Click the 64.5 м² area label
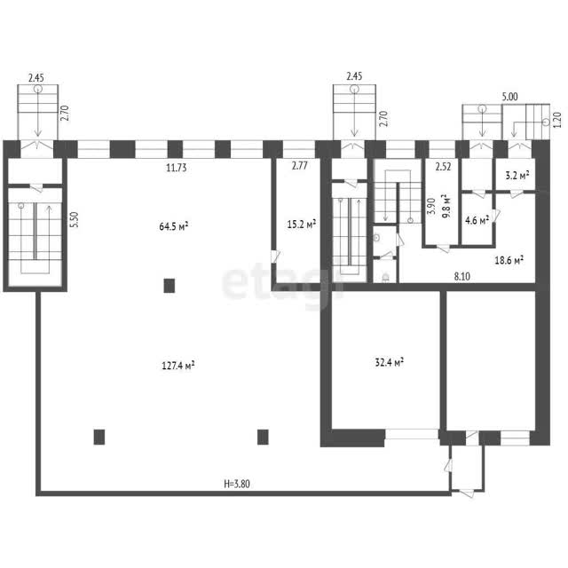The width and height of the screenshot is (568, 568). coord(174,226)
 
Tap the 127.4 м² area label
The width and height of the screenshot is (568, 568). coord(177,365)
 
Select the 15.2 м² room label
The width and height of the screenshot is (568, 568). coord(302,225)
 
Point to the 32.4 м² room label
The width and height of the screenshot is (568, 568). coord(390,362)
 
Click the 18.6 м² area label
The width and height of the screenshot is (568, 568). coord(509,260)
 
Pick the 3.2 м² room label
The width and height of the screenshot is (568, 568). coord(517,176)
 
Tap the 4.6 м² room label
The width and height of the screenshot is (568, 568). coord(477,220)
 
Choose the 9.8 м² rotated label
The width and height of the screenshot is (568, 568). coord(446,206)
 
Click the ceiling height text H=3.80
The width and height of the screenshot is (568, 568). coord(237,484)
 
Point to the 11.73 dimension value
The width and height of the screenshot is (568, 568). coord(177,168)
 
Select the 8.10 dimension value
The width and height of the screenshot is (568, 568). coord(462,276)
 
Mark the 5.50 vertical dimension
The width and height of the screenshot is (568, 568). coord(74,220)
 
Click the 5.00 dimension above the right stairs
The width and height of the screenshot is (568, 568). coord(509,97)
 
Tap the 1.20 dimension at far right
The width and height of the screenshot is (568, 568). coord(558,120)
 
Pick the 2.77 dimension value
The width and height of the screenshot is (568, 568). coord(300,166)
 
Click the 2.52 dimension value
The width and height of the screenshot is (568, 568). coord(444,167)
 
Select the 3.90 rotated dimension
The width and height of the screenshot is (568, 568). coord(431,206)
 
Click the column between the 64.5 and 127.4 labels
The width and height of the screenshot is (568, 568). coord(170,286)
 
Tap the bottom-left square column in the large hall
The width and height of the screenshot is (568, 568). coord(99,437)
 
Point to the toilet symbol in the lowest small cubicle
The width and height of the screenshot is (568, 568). coord(385,278)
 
